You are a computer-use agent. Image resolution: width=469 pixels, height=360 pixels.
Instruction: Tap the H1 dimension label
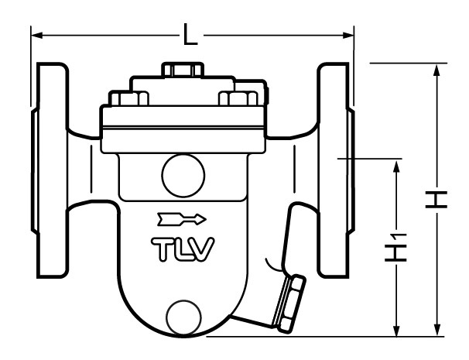pyautogui.click(x=398, y=250)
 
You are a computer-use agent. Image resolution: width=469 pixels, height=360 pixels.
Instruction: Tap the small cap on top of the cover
pyautogui.click(x=183, y=70)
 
